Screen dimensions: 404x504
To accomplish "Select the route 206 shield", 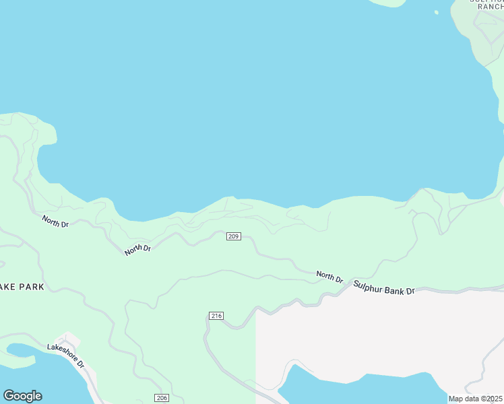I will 161,398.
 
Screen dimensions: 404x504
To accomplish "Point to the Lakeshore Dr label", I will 66,356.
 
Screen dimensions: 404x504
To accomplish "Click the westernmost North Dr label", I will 55,221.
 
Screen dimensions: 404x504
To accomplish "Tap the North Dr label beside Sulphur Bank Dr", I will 330,276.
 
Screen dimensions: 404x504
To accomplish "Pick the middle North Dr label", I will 137,250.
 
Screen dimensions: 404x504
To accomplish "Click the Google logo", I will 22,396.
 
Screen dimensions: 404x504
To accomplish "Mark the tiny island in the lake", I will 437,12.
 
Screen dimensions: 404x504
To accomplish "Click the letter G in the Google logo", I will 9,396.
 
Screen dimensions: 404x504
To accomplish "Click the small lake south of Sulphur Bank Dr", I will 357,389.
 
